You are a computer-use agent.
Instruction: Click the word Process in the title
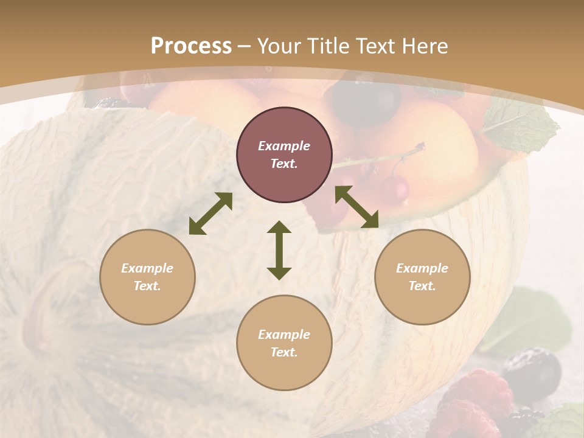point(191,46)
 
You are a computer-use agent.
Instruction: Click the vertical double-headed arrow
point(279,250)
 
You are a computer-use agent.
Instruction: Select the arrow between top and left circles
point(210,214)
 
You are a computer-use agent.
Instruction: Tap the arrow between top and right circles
point(356,207)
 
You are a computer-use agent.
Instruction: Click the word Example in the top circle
point(284,146)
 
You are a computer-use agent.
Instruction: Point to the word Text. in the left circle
point(147,286)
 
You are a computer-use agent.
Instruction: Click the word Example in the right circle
point(422,268)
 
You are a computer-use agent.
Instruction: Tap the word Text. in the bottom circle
point(284,352)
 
